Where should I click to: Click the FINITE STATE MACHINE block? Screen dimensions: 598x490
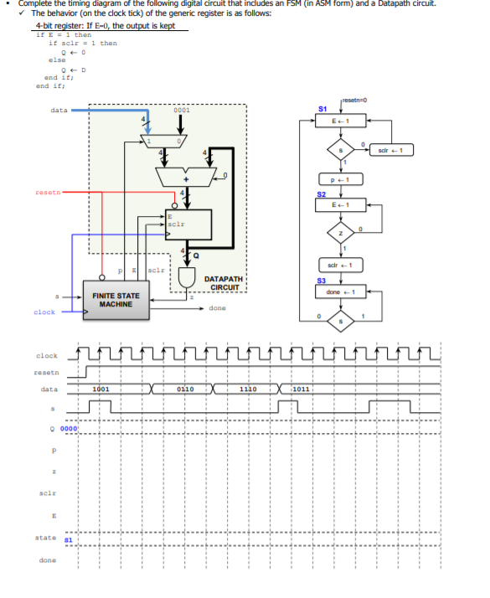click(x=116, y=300)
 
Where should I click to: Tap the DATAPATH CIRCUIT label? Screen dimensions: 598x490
click(x=224, y=283)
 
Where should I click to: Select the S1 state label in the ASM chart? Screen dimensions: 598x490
click(x=323, y=111)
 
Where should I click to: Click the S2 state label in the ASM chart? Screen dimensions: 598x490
click(x=322, y=194)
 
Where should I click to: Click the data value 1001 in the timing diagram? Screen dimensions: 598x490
click(x=101, y=389)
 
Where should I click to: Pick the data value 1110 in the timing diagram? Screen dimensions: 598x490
click(x=248, y=389)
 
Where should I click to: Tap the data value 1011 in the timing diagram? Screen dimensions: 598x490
click(x=301, y=389)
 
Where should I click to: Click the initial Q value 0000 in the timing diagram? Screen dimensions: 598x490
click(x=69, y=428)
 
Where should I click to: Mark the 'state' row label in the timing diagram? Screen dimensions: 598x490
click(x=47, y=538)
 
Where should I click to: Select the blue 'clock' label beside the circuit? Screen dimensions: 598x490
click(x=44, y=312)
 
